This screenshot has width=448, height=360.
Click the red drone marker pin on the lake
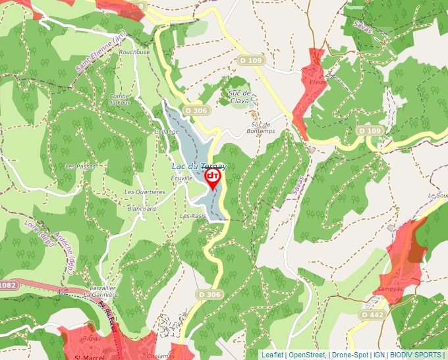pyautogui.click(x=213, y=178)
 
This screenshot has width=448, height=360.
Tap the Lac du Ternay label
pyautogui.click(x=198, y=167)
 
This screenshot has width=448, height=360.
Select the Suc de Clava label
pyautogui.click(x=238, y=97)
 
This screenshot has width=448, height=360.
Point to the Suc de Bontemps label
pyautogui.click(x=262, y=128)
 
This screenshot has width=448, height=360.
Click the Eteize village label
pyautogui.click(x=318, y=82)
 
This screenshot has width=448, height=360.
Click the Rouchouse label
pyautogui.click(x=134, y=52)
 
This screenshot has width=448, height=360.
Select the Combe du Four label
pyautogui.click(x=120, y=99)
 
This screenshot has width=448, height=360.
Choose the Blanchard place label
pyautogui.click(x=142, y=209)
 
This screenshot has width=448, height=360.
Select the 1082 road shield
pyautogui.click(x=8, y=284)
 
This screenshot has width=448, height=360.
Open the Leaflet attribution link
pyautogui.click(x=272, y=355)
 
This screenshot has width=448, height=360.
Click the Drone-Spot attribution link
pyautogui.click(x=351, y=355)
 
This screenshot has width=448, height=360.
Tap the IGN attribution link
pyautogui.click(x=379, y=355)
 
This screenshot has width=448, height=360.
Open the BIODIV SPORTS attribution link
pyautogui.click(x=416, y=355)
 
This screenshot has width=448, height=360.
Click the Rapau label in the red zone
pyautogui.click(x=91, y=338)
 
